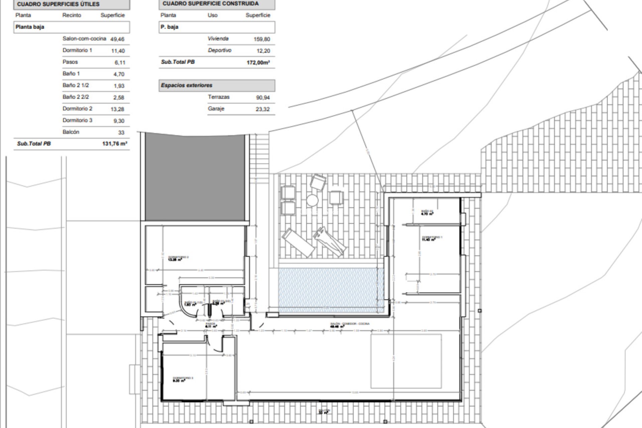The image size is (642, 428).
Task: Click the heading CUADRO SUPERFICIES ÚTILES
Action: [58, 4]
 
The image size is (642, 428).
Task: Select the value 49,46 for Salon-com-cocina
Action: [117, 39]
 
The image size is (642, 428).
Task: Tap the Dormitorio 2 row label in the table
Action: [77, 109]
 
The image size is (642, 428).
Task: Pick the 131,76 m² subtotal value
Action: [115, 144]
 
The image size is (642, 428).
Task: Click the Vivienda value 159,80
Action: [262, 39]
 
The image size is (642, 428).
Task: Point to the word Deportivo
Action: [219, 50]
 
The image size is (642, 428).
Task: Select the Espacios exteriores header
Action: [187, 85]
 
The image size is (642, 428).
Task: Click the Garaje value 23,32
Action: [262, 109]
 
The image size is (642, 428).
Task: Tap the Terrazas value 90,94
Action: [262, 98]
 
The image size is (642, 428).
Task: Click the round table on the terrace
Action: [312, 200]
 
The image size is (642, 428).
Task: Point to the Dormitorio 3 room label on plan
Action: [183, 379]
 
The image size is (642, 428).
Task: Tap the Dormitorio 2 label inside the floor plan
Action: [178, 258]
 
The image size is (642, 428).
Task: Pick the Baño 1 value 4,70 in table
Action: [119, 74]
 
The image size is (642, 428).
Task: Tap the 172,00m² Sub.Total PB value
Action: [258, 63]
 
